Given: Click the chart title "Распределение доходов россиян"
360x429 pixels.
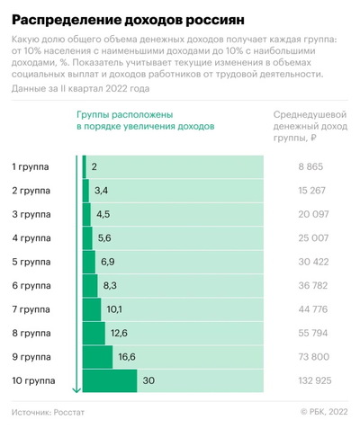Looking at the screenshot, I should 125,17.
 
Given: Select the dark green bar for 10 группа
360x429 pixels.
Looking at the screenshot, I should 111,380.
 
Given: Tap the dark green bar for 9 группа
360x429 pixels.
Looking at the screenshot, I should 98,356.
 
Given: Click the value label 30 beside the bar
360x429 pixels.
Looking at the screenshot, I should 149,380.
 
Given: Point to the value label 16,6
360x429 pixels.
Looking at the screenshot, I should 125,356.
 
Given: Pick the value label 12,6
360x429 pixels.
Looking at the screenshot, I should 118,333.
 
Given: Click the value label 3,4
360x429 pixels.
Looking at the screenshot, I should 101,191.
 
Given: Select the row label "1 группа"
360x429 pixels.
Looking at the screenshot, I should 32,167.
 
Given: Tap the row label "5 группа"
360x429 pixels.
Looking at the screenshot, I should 32,262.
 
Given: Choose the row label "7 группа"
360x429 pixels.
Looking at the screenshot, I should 32,309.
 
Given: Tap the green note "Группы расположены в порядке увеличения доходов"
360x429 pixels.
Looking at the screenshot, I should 145,121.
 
